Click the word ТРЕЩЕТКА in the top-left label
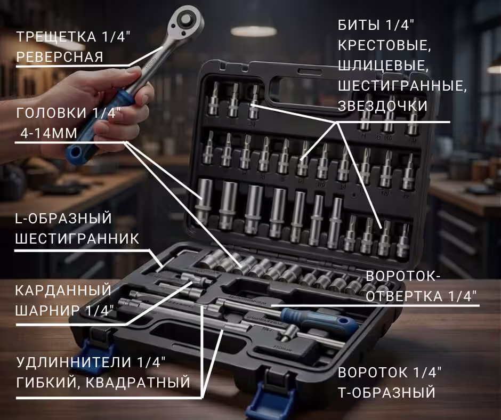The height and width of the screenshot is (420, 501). [56, 37]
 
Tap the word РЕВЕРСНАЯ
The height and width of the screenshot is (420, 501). [60, 57]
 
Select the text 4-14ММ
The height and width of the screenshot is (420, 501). [49, 133]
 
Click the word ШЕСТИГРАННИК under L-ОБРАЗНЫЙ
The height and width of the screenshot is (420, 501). [77, 238]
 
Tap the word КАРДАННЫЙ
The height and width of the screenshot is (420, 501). [63, 290]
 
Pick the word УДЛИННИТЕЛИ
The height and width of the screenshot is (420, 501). [74, 362]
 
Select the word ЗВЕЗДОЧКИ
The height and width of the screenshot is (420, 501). [383, 106]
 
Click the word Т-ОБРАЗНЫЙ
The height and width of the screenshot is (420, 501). [386, 392]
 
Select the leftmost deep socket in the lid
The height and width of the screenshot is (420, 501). [204, 201]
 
